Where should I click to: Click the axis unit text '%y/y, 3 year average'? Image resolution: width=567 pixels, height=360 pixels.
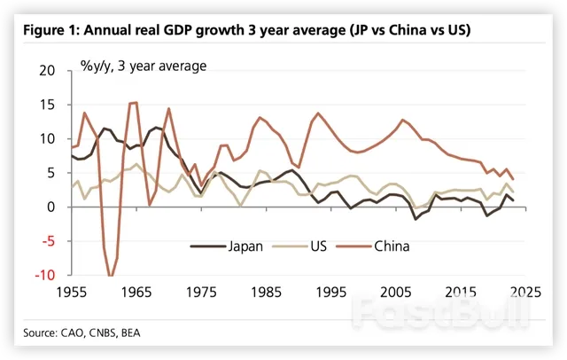click(x=144, y=65)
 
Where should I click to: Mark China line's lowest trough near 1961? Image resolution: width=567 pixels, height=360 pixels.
click(x=110, y=276)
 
